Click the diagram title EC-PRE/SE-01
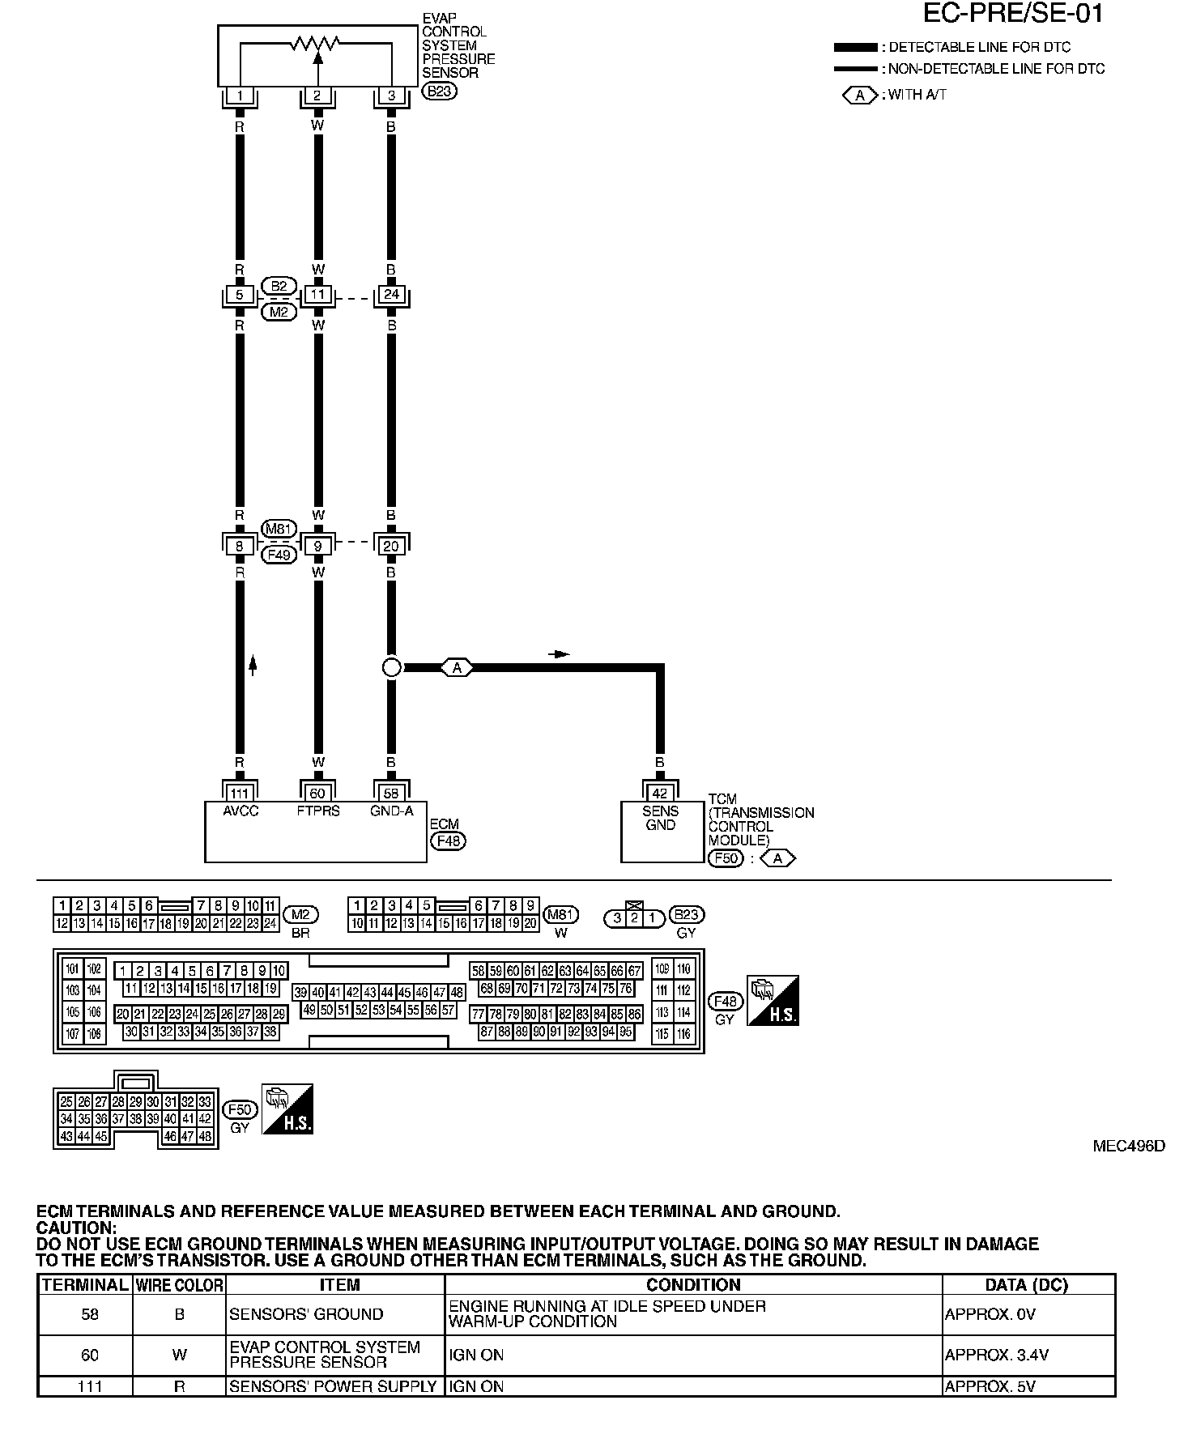(x=1013, y=14)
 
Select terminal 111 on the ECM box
(x=239, y=793)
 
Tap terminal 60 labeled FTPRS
(x=317, y=793)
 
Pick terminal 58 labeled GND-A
(x=391, y=793)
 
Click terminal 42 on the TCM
(x=660, y=794)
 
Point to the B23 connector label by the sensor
(x=440, y=91)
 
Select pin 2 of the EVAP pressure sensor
(x=317, y=96)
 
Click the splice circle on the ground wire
(x=391, y=667)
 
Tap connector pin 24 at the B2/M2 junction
(x=391, y=295)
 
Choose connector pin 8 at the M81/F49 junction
(x=239, y=546)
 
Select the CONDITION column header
(x=693, y=1285)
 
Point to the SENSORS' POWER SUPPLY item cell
(x=333, y=1386)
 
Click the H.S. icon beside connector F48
(x=773, y=1000)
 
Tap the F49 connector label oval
(x=279, y=555)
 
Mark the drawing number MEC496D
(x=1129, y=1146)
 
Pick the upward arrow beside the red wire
(x=253, y=666)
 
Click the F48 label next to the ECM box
(x=448, y=841)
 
